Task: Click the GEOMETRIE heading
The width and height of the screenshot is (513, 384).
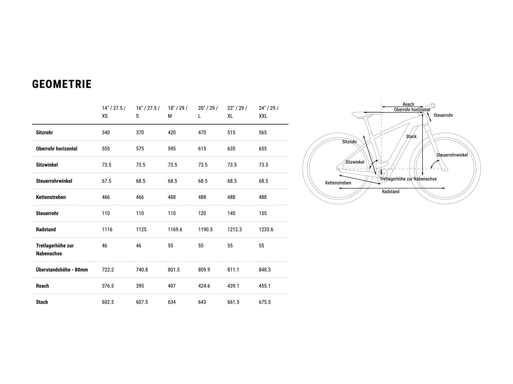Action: click(62, 84)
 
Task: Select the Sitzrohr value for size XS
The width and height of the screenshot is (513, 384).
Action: click(106, 132)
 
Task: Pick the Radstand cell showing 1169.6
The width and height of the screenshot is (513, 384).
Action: click(175, 229)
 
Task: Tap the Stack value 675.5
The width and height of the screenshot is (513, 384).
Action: click(265, 302)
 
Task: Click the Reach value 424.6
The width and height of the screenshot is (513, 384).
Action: click(204, 286)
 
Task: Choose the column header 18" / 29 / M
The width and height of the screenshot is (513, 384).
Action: click(178, 112)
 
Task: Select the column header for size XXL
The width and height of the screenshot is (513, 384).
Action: click(269, 112)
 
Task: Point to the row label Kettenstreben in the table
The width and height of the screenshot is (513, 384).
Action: click(51, 197)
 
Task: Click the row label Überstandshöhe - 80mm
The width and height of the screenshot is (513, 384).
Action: click(62, 270)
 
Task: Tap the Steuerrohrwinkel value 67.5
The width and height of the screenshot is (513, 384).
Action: click(106, 181)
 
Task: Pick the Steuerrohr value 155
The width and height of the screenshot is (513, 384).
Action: click(263, 213)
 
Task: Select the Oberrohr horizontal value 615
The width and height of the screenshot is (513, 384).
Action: click(202, 149)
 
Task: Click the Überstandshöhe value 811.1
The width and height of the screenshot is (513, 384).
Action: click(233, 270)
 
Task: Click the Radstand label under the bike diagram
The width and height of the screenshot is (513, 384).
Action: click(391, 192)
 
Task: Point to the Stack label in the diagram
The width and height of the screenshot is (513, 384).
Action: click(411, 137)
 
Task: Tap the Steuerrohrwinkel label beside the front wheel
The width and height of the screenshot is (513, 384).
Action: click(452, 155)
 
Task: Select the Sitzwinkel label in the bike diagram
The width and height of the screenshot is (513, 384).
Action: click(355, 162)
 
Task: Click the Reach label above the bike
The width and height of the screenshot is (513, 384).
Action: click(408, 104)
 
